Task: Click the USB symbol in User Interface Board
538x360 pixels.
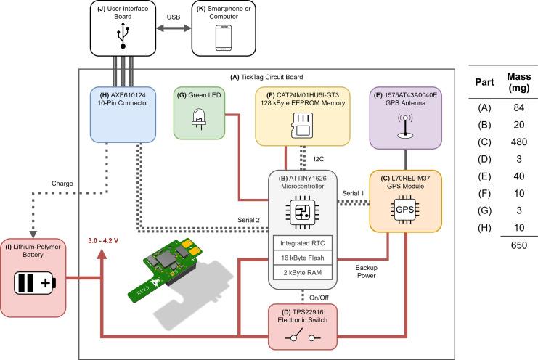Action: pos(123,38)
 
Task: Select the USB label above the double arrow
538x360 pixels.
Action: pos(174,16)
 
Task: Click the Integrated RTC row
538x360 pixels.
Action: pos(303,243)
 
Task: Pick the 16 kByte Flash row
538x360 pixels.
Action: pos(303,258)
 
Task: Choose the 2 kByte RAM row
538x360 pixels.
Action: pos(303,272)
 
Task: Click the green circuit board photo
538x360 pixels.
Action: pos(177,261)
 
